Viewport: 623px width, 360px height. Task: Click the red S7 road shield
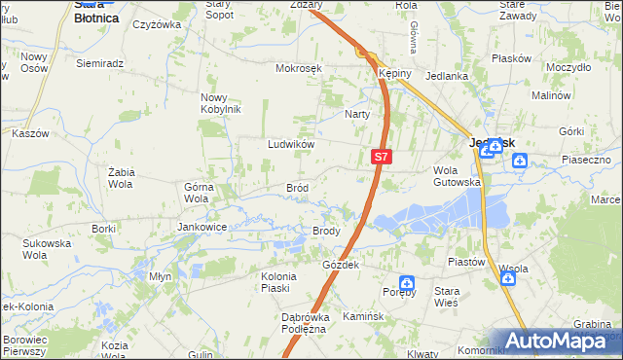(382, 156)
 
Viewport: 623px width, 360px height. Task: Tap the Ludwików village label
(290, 144)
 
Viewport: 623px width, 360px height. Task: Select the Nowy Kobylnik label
(220, 102)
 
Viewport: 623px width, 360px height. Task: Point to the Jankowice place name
(202, 227)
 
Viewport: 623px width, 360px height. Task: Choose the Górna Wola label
(198, 192)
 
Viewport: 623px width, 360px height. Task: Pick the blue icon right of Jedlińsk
(521, 162)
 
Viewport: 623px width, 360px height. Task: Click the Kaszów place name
(29, 133)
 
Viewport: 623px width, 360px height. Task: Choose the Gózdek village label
(341, 265)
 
